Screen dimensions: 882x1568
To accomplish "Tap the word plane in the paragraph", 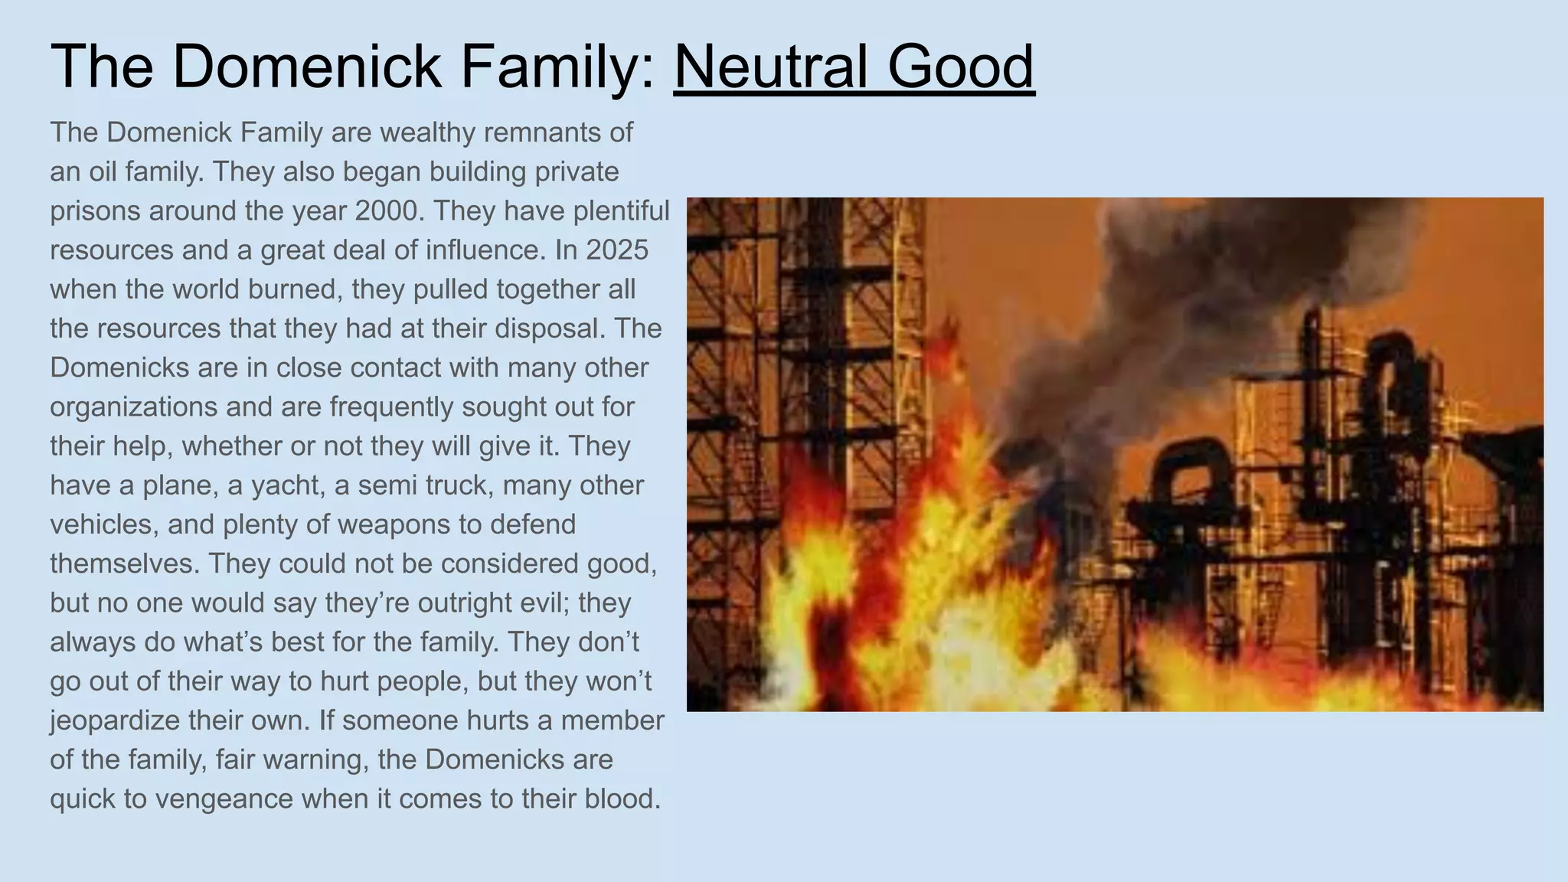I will coord(178,485).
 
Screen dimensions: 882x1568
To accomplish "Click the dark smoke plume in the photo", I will coord(1148,306).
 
